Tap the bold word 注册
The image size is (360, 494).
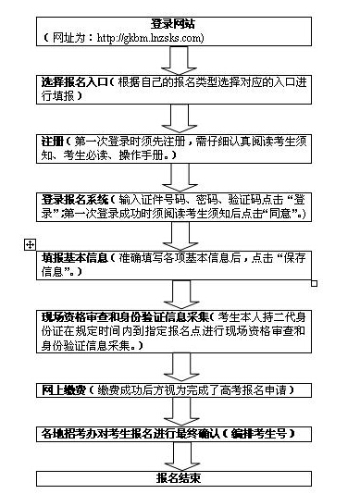coord(53,140)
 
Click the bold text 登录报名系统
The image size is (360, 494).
coord(74,198)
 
